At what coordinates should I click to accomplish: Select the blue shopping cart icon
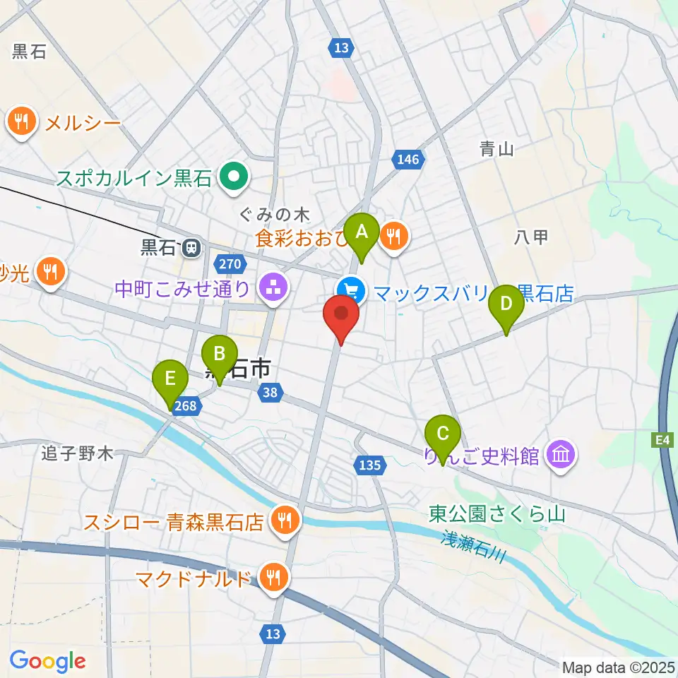tap(351, 290)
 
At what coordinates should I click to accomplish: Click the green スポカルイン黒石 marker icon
tap(232, 177)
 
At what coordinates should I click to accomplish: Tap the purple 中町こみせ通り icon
tap(272, 287)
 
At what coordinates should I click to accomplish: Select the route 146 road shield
tap(408, 160)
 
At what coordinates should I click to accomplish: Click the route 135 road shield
tap(369, 465)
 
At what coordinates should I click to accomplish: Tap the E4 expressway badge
tap(661, 440)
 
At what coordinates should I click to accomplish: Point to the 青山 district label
tap(496, 148)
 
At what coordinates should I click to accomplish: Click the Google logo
tap(48, 661)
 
